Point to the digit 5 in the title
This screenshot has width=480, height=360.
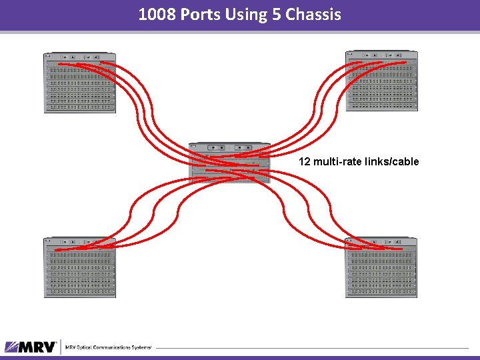(277, 14)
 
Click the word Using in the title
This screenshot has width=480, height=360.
(248, 14)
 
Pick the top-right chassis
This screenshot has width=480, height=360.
(381, 81)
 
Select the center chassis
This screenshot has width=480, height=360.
(229, 162)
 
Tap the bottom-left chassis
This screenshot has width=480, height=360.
(79, 267)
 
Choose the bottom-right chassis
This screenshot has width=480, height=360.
(381, 267)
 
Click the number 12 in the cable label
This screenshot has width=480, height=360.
(304, 161)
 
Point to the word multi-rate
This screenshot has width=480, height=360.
(337, 161)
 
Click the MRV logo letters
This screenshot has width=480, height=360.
(39, 347)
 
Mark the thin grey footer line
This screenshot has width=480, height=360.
(313, 347)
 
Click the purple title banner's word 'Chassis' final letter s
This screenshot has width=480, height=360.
(337, 14)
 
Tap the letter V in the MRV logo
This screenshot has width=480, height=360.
(49, 347)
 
